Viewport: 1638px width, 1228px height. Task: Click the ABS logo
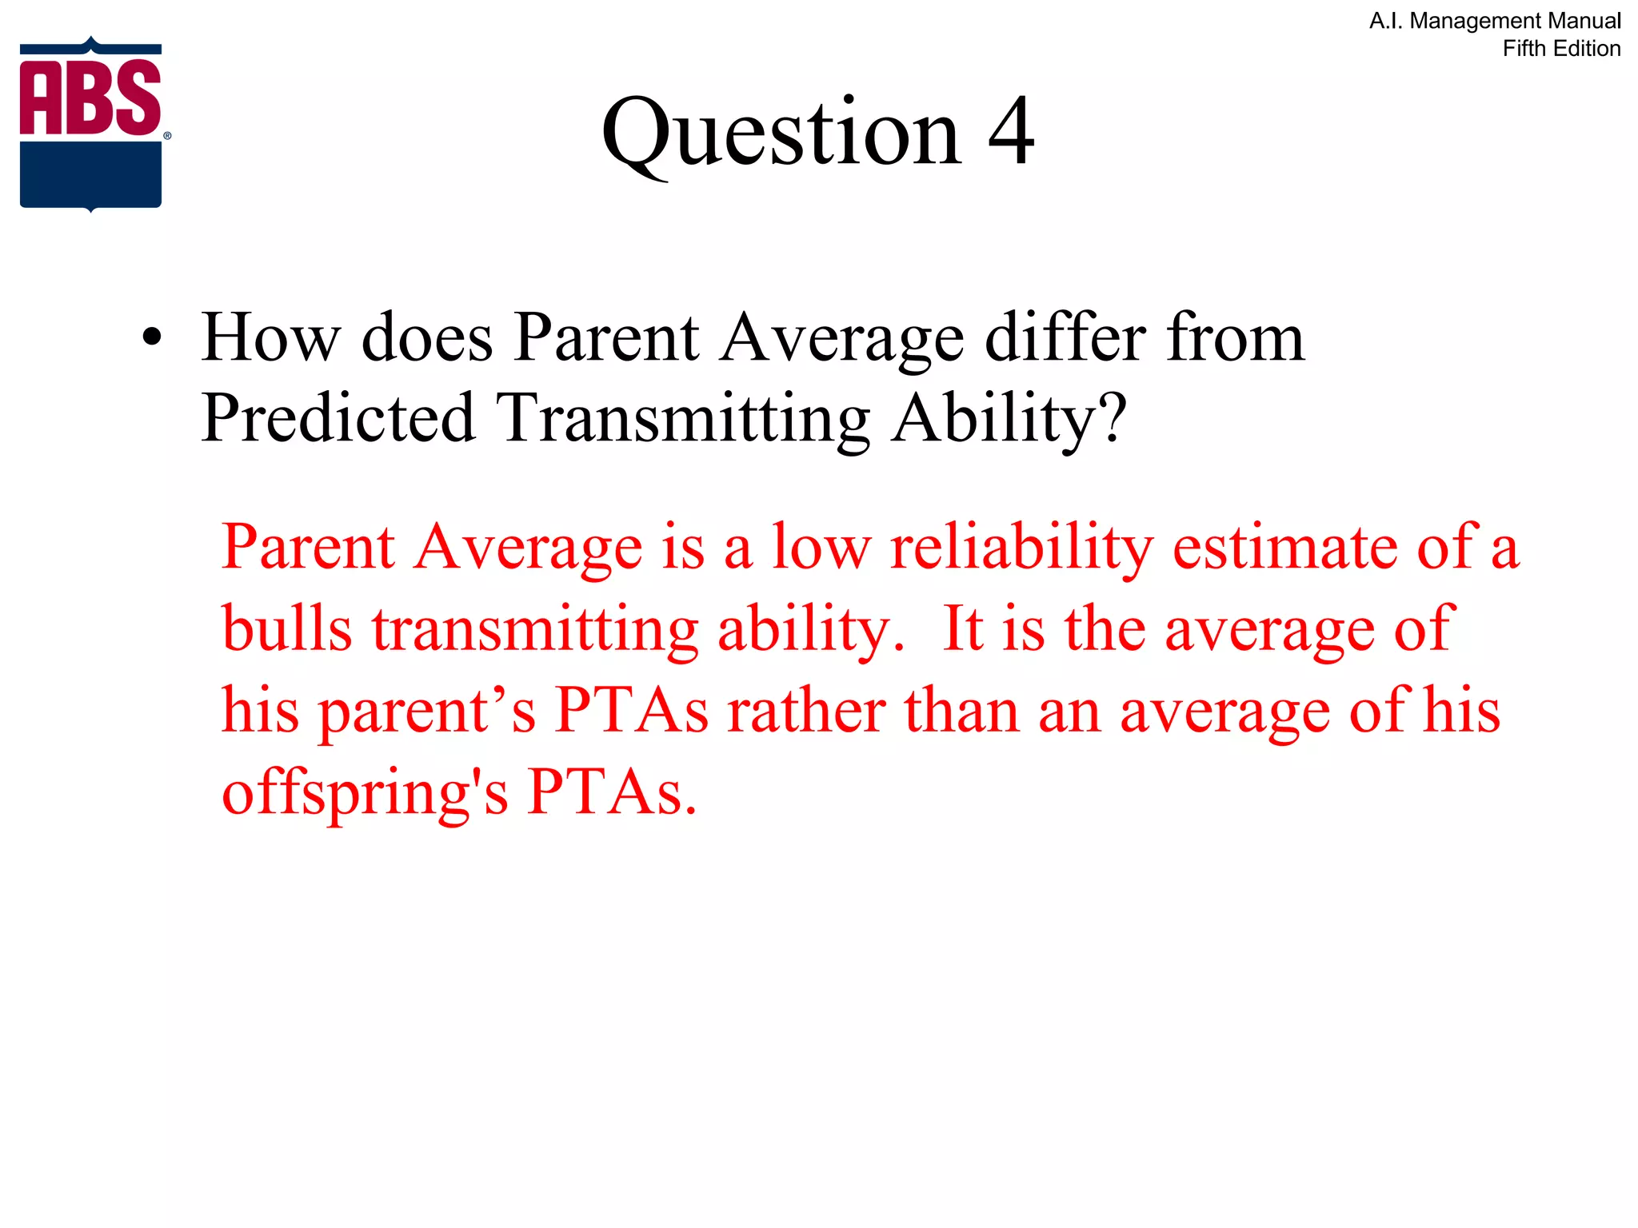91,124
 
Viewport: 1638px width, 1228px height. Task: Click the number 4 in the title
1011,132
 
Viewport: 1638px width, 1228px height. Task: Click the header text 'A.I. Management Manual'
1495,21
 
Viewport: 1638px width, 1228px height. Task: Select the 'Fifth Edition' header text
1561,49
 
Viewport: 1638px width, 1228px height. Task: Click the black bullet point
151,339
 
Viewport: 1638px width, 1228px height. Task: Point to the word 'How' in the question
271,339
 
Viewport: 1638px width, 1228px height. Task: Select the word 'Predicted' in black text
338,419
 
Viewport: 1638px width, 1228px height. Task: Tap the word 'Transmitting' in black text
683,419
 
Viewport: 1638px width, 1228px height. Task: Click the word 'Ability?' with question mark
1009,419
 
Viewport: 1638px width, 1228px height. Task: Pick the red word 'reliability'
1021,548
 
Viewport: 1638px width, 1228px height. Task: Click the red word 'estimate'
1284,548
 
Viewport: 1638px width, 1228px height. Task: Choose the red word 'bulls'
286,630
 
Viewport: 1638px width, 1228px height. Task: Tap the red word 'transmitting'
535,630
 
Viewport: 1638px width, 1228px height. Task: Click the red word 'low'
821,548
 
